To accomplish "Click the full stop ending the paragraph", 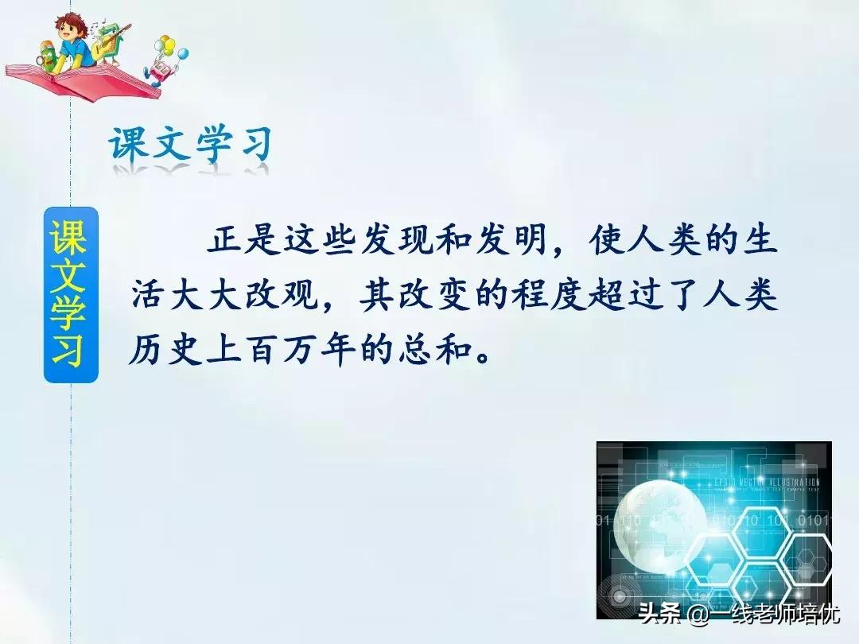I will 480,355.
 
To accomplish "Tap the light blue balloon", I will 183,54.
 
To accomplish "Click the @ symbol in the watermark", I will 697,615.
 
